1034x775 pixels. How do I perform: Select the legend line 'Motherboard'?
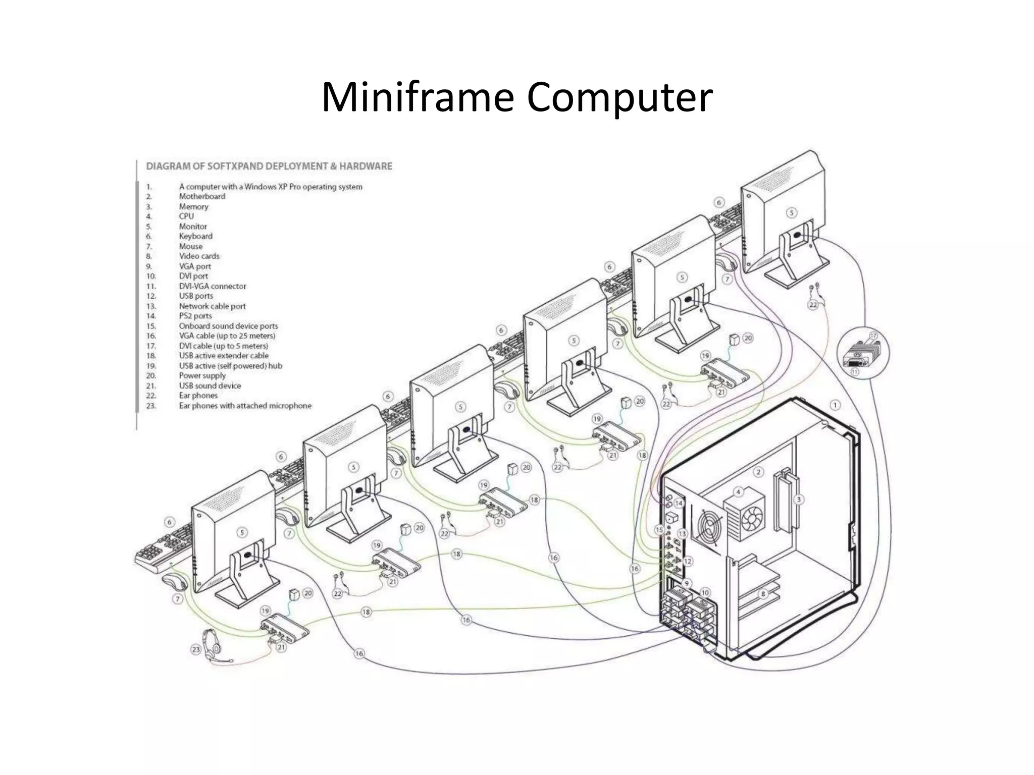pyautogui.click(x=202, y=196)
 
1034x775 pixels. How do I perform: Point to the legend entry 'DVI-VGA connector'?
pyautogui.click(x=213, y=286)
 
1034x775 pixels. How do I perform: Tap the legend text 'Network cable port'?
pyautogui.click(x=212, y=306)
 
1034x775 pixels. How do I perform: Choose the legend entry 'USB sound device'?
pyautogui.click(x=210, y=386)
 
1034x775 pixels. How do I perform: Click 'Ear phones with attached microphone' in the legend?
pyautogui.click(x=245, y=406)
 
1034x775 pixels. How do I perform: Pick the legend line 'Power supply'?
pyautogui.click(x=202, y=376)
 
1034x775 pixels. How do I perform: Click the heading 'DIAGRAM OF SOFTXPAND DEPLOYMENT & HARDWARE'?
pyautogui.click(x=269, y=166)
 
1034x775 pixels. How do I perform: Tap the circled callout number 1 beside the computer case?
pyautogui.click(x=835, y=405)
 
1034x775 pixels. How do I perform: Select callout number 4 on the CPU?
pyautogui.click(x=738, y=491)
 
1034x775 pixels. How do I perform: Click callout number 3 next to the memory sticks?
pyautogui.click(x=798, y=500)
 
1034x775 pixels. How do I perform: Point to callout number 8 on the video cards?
pyautogui.click(x=763, y=594)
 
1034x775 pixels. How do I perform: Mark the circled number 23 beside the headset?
pyautogui.click(x=196, y=650)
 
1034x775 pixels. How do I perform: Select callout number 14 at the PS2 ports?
pyautogui.click(x=679, y=503)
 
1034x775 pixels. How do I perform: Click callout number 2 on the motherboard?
pyautogui.click(x=758, y=472)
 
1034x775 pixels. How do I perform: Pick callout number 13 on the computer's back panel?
pyautogui.click(x=683, y=534)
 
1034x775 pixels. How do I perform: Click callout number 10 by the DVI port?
pyautogui.click(x=705, y=593)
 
